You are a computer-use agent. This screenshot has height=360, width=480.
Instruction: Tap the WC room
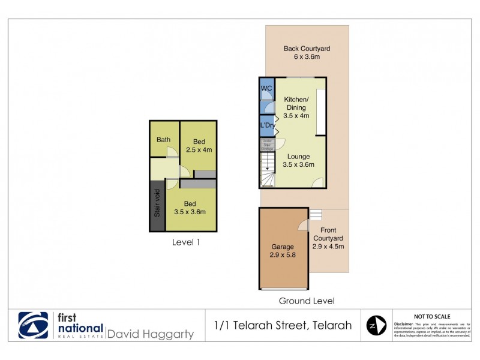(266, 89)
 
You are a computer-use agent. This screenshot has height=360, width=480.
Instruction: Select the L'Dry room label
(267, 125)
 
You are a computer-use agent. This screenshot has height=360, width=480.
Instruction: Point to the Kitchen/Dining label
(296, 103)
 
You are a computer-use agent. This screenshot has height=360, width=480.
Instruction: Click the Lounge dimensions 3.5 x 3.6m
(298, 164)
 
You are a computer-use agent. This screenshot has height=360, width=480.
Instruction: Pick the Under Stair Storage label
(267, 144)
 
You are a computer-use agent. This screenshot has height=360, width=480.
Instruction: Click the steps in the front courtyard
(316, 214)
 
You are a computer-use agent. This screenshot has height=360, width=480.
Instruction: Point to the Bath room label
(163, 140)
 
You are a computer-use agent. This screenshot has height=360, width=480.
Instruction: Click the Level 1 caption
(185, 243)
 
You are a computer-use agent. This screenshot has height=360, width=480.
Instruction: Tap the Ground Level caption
(307, 301)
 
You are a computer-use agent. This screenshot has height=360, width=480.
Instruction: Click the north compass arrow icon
(376, 326)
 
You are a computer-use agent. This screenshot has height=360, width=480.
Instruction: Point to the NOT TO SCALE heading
(432, 316)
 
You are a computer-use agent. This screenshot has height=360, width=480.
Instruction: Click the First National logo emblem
(33, 326)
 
